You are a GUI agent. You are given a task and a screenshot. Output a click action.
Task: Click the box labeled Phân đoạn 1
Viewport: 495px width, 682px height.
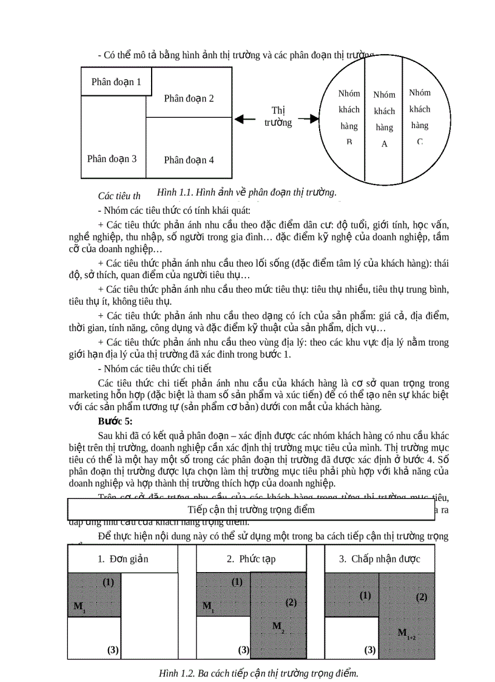[x=116, y=82]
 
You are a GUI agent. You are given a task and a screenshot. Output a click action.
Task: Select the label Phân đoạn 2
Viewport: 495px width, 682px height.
[x=189, y=98]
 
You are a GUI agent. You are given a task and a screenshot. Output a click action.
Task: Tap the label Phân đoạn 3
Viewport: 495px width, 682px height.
[x=112, y=159]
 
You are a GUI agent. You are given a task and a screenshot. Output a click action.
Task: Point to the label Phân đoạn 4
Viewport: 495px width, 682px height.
[x=189, y=160]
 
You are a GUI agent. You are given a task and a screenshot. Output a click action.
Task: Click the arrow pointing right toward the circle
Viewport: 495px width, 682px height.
[x=309, y=120]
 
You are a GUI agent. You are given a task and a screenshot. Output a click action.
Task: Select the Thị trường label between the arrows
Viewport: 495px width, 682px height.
[x=278, y=116]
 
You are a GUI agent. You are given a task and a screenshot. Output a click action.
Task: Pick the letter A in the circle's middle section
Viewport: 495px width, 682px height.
[x=384, y=145]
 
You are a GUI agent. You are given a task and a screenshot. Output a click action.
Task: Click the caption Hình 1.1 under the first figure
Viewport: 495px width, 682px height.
[x=246, y=193]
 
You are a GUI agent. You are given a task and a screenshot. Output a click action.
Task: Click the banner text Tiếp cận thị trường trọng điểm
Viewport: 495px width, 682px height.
[x=251, y=510]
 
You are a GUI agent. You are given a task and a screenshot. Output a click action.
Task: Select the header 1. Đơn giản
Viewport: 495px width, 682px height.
[x=123, y=559]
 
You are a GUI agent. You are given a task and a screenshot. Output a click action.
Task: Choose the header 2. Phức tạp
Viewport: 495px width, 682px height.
[x=251, y=559]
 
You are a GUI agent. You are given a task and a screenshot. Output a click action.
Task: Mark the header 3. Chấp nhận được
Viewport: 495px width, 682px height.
[x=380, y=559]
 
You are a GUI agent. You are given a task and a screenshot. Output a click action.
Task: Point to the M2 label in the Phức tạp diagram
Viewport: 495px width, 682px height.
[x=278, y=626]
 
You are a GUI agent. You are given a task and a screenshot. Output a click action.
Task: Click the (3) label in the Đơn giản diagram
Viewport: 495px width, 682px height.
[x=113, y=650]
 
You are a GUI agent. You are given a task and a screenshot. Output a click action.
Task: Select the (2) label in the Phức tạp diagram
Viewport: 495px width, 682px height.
[x=291, y=602]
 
